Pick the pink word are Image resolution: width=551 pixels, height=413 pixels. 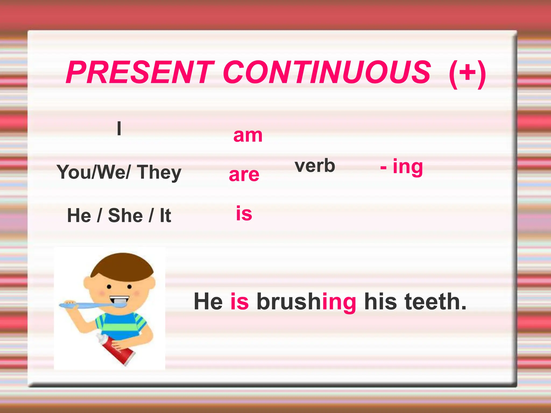pyautogui.click(x=244, y=175)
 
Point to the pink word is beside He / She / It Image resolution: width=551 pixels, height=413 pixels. pyautogui.click(x=244, y=213)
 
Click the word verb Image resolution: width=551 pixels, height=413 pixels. pyautogui.click(x=315, y=166)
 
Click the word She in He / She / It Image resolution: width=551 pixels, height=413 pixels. pyautogui.click(x=125, y=216)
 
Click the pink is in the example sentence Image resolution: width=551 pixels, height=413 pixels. pyautogui.click(x=239, y=302)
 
